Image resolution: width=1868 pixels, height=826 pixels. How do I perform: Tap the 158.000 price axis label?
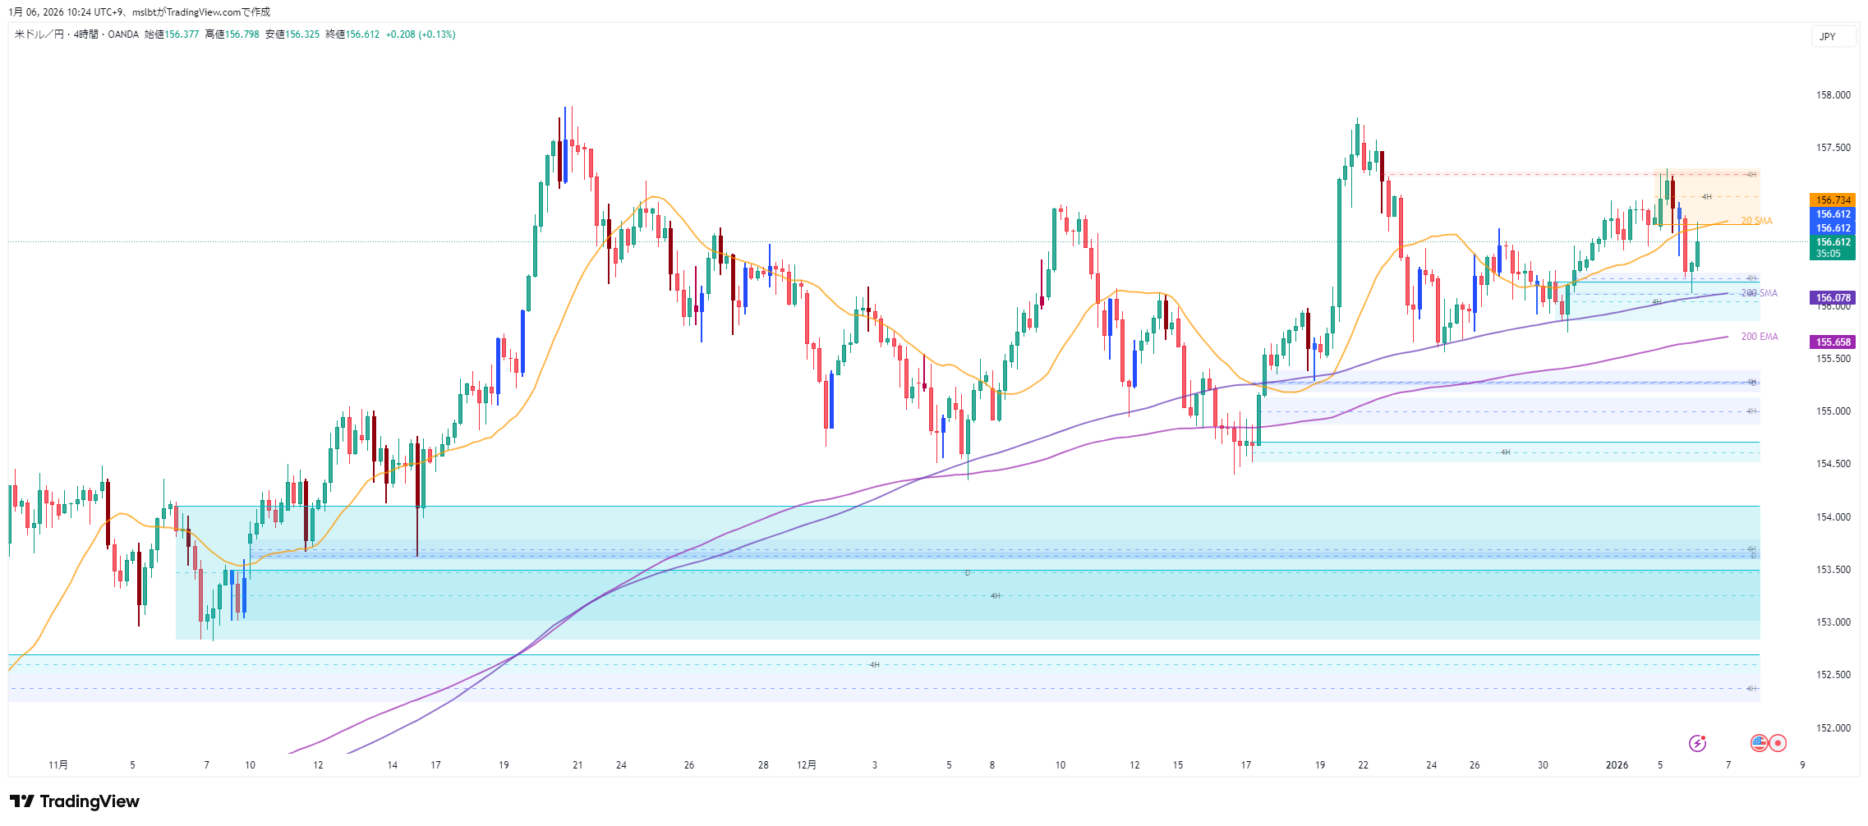click(1833, 95)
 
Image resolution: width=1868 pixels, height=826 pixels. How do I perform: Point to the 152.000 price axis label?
click(1833, 728)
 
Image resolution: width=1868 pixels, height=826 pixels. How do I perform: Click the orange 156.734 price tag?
click(1833, 200)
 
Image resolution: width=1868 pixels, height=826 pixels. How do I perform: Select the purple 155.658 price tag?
click(1833, 342)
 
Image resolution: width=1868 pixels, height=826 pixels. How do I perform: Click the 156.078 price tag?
click(1833, 298)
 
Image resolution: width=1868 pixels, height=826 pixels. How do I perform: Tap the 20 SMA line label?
click(1756, 221)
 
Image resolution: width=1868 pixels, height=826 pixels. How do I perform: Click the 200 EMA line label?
click(1759, 337)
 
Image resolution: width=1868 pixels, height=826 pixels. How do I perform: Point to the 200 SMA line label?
click(1759, 293)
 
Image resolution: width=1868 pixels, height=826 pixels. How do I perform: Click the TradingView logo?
click(75, 801)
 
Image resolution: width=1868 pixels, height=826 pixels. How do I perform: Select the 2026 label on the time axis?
click(1617, 765)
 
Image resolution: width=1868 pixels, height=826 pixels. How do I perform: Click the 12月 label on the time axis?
click(807, 765)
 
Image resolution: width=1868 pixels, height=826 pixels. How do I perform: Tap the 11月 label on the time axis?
click(58, 765)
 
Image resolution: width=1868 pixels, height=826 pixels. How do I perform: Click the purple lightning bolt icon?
click(1697, 743)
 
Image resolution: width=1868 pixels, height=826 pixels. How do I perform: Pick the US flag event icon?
click(1759, 743)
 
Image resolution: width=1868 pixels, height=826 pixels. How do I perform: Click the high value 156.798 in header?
click(242, 34)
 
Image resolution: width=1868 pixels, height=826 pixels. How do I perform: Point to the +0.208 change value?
click(400, 34)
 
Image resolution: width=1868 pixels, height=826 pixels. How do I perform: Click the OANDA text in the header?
click(123, 34)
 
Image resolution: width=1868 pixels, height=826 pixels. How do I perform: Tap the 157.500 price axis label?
click(1833, 148)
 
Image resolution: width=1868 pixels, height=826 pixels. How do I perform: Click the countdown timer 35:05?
click(1828, 254)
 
